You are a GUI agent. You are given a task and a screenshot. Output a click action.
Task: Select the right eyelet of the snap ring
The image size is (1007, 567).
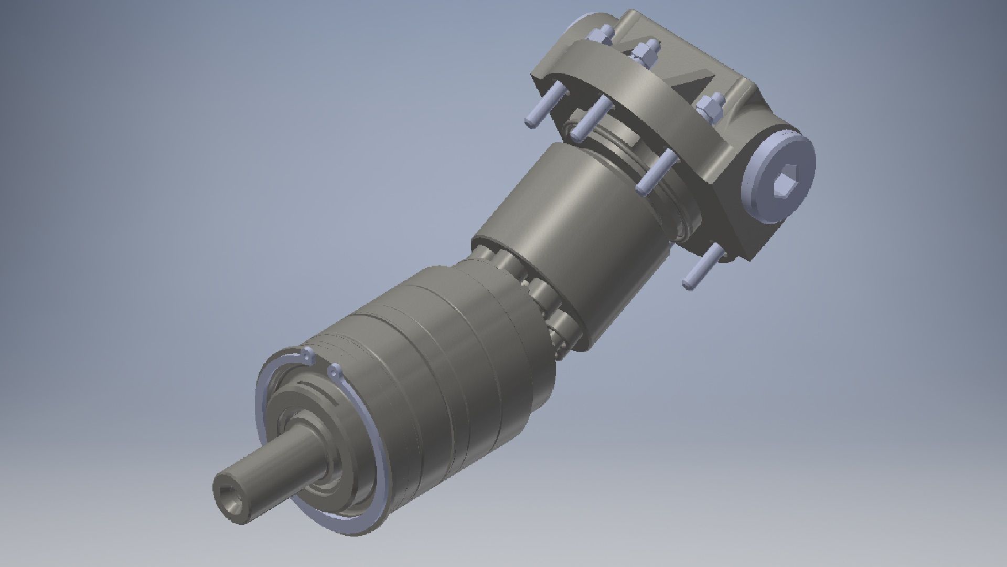334,372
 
